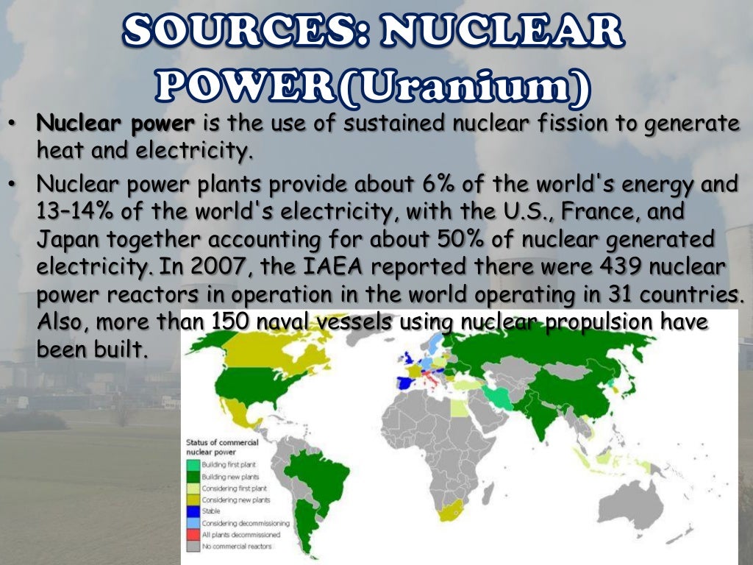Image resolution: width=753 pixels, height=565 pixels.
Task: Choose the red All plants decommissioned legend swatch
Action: point(193,535)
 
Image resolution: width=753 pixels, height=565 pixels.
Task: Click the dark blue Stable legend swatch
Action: point(193,511)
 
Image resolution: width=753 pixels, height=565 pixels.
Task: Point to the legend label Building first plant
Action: point(229,465)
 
